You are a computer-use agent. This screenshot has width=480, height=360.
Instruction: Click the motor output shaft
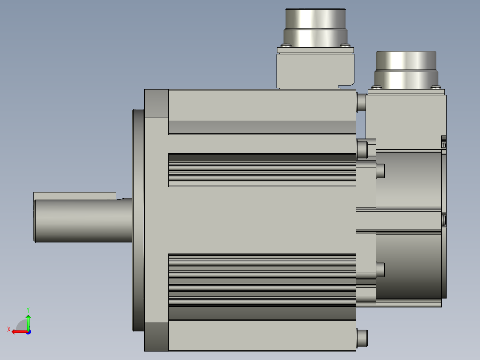(x=83, y=220)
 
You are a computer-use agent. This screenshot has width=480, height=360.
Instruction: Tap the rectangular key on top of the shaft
(x=75, y=196)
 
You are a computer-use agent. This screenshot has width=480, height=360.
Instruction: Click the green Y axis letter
(x=28, y=310)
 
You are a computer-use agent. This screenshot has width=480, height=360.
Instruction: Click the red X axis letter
(x=9, y=329)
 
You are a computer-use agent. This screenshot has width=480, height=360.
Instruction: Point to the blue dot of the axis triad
(x=28, y=332)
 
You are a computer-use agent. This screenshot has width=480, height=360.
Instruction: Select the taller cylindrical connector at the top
(x=316, y=28)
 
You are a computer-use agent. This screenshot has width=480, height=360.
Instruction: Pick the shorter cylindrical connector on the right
(x=406, y=70)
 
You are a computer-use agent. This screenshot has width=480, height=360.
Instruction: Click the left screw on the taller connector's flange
(x=286, y=45)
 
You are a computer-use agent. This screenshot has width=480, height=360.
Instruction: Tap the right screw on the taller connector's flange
(x=345, y=45)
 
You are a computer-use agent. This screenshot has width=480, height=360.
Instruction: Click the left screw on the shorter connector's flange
(x=377, y=88)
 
